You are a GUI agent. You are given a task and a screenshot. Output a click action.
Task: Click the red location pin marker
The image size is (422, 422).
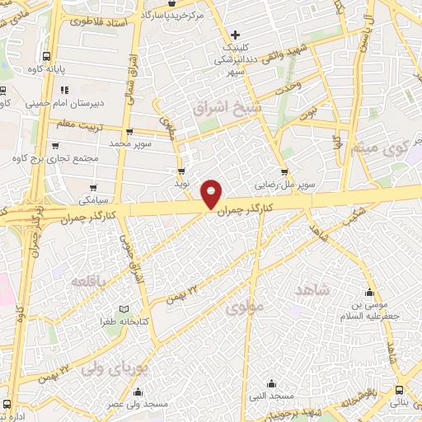pyautogui.click(x=212, y=193)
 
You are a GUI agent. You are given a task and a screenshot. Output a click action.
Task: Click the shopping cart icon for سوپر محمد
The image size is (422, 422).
pyautogui.click(x=129, y=131)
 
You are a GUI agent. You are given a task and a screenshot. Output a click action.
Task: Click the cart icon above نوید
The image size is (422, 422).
pyautogui.click(x=181, y=171)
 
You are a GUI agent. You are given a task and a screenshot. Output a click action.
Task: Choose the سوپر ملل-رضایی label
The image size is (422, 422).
pyautogui.click(x=283, y=185)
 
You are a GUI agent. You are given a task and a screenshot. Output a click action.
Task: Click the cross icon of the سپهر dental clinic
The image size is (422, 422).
pyautogui.click(x=236, y=35)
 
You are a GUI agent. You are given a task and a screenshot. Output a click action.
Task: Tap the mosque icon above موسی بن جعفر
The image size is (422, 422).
pyautogui.click(x=369, y=292)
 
